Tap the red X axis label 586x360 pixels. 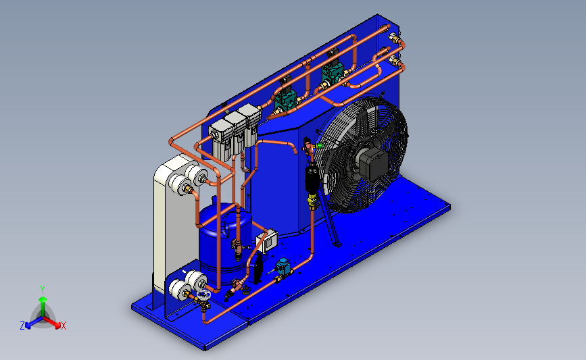(x=63, y=326)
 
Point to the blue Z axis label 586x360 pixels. (x=22, y=326)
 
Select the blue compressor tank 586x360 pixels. (x=224, y=242)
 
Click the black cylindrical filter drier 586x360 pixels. (x=312, y=179)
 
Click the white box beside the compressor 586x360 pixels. (x=267, y=241)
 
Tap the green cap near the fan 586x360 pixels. (x=319, y=146)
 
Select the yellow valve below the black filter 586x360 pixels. (x=312, y=201)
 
